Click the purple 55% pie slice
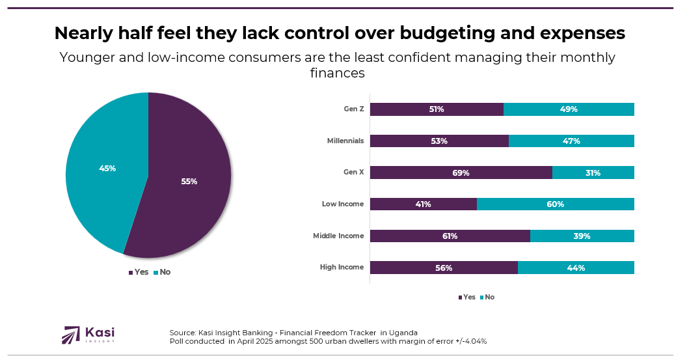[x=189, y=189]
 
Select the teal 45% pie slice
[x=104, y=163]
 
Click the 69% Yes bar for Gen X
[x=461, y=173]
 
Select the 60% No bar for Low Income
[x=555, y=204]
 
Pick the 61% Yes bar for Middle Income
[x=450, y=236]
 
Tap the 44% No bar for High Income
[x=576, y=268]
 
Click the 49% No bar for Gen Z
[x=569, y=109]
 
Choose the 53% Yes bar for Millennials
[x=439, y=141]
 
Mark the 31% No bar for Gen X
[x=593, y=173]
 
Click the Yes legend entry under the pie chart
[x=138, y=272]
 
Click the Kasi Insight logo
[x=88, y=335]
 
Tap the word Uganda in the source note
[x=404, y=332]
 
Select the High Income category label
[x=342, y=268]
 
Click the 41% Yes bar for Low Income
[x=424, y=204]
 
